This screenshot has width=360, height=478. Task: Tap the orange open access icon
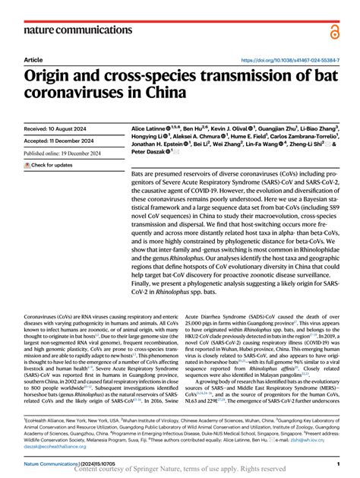(x=335, y=31)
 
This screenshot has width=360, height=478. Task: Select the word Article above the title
(x=33, y=59)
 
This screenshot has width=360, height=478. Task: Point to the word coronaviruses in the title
(x=72, y=93)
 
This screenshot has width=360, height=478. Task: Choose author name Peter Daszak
(x=150, y=151)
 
